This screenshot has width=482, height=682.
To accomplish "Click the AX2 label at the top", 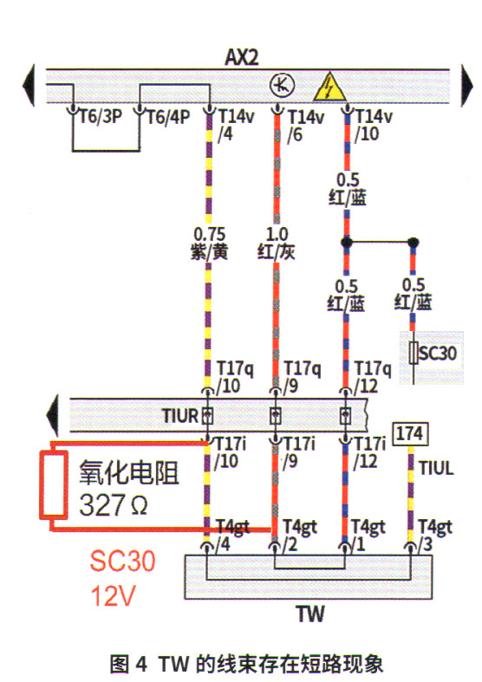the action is tap(242, 57).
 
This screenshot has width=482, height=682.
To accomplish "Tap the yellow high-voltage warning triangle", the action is tap(329, 87).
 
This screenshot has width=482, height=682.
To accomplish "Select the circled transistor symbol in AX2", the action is tap(282, 86).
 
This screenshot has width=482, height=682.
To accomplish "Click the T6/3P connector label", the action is tap(101, 117).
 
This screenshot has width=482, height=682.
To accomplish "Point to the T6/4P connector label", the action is tap(168, 117).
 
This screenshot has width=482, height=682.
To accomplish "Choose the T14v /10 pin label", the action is tap(374, 126).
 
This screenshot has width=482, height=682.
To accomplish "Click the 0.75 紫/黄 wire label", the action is tap(209, 244).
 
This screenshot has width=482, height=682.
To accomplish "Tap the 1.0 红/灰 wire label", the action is tap(277, 244).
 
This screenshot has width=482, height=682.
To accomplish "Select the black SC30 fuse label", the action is tap(438, 353).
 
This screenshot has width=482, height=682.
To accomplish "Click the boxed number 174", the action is tap(410, 433).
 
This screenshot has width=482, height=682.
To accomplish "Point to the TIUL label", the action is tap(436, 469).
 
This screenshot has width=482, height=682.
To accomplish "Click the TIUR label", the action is tap(180, 416).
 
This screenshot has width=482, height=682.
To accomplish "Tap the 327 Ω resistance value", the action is tap(114, 504).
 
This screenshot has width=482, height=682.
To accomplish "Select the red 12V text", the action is tap(114, 595).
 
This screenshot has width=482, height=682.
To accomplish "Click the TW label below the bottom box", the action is tap(310, 614).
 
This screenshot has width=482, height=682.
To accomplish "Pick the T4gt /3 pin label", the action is tap(435, 535).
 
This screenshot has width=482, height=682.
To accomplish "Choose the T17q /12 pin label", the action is tap(373, 377).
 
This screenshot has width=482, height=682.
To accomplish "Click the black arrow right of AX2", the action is tap(466, 85).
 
